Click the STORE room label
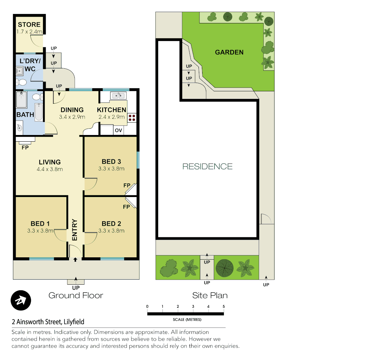click(x=29, y=25)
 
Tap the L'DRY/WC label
click(x=30, y=65)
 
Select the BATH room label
click(x=25, y=115)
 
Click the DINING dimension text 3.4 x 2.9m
click(x=72, y=117)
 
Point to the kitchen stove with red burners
click(x=132, y=118)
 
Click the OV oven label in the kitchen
click(x=118, y=130)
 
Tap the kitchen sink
click(x=118, y=96)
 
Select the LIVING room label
click(x=50, y=162)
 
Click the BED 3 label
click(x=111, y=161)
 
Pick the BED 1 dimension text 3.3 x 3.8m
click(x=40, y=231)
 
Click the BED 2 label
click(x=111, y=224)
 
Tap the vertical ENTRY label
click(x=75, y=230)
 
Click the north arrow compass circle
click(x=21, y=300)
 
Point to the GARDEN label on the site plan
click(x=229, y=52)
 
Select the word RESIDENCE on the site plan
click(x=207, y=166)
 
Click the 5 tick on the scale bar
click(x=224, y=307)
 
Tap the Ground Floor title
click(x=76, y=295)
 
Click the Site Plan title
click(x=210, y=295)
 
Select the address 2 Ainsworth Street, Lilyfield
click(x=48, y=322)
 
